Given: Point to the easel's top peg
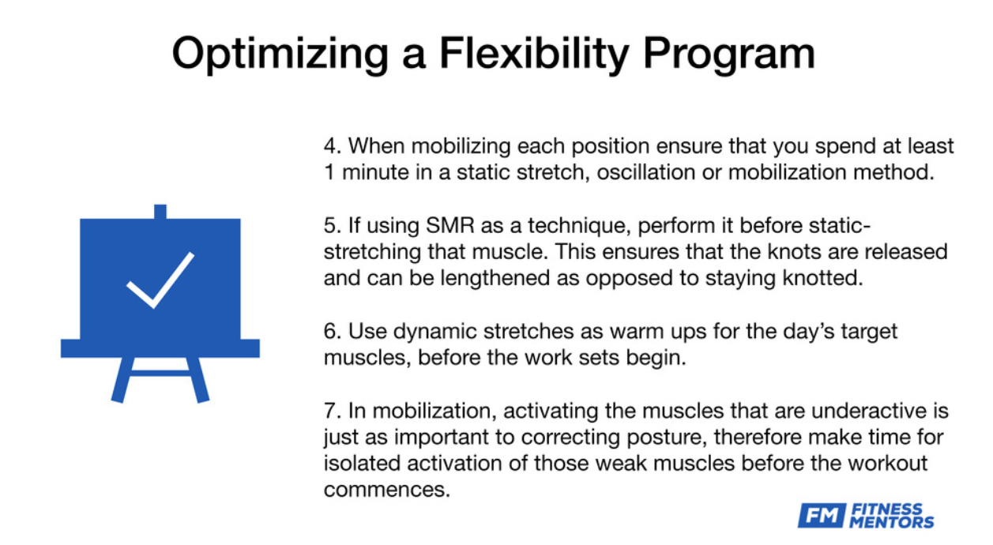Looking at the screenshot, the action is [x=160, y=212].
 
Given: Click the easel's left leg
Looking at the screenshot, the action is [x=122, y=380].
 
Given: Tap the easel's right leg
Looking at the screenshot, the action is [x=197, y=380].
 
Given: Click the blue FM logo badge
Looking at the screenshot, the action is [x=822, y=515].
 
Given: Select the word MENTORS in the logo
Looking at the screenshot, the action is [x=891, y=522].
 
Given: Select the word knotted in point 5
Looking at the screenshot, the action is [x=823, y=278].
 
